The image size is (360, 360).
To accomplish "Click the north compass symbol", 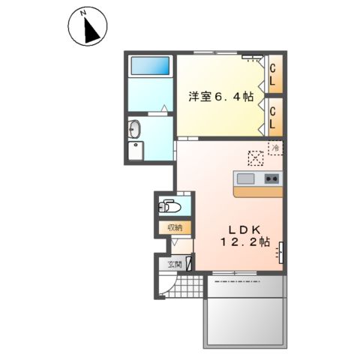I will coord(87,28).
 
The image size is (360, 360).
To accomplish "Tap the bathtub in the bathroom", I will coord(151,67).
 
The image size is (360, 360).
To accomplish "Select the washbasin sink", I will coord(135,127).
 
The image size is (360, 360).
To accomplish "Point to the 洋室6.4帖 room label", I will coord(220,96).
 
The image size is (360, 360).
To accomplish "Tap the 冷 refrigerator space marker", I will coord(275,148).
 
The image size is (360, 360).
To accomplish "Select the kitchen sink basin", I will coord(247,178).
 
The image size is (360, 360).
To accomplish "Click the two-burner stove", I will coord(271,178).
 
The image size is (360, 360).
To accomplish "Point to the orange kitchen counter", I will coord(257,192).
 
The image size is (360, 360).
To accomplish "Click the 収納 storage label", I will coord(174,227).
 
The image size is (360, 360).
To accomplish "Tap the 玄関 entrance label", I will coord(174,263).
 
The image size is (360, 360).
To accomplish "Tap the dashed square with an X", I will coord(255,157).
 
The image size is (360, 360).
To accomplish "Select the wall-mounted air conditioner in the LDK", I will coord(282,253).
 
